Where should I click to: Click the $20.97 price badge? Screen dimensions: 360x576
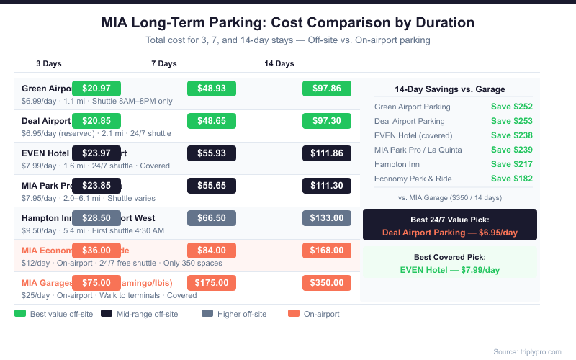pos(96,88)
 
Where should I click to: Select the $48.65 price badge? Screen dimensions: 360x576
pos(212,120)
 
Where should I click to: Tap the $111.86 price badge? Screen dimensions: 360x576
pos(326,153)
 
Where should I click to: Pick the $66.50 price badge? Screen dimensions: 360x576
pos(212,217)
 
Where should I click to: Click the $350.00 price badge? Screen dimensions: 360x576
pos(326,282)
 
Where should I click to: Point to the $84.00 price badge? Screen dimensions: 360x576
pos(212,250)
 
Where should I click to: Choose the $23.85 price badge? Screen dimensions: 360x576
pos(96,185)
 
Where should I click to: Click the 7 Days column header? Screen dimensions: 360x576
pos(163,63)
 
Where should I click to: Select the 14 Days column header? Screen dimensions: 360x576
pos(279,63)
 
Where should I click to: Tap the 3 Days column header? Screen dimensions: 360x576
pos(48,63)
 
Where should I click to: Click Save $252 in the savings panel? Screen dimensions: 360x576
pos(511,107)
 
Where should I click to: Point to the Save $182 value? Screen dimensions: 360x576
pos(511,179)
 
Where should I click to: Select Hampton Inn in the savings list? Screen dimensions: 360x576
pos(397,164)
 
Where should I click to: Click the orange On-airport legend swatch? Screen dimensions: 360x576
pos(293,314)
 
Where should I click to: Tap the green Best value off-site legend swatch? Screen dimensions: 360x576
pos(20,314)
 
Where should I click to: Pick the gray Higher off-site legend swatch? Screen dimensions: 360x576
pos(207,314)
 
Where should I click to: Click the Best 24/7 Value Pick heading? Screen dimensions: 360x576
pos(450,219)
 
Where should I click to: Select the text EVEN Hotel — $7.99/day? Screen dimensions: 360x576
pos(450,270)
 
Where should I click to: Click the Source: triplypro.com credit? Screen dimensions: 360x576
pos(527,351)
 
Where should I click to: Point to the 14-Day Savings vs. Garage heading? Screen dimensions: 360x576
pos(450,89)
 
